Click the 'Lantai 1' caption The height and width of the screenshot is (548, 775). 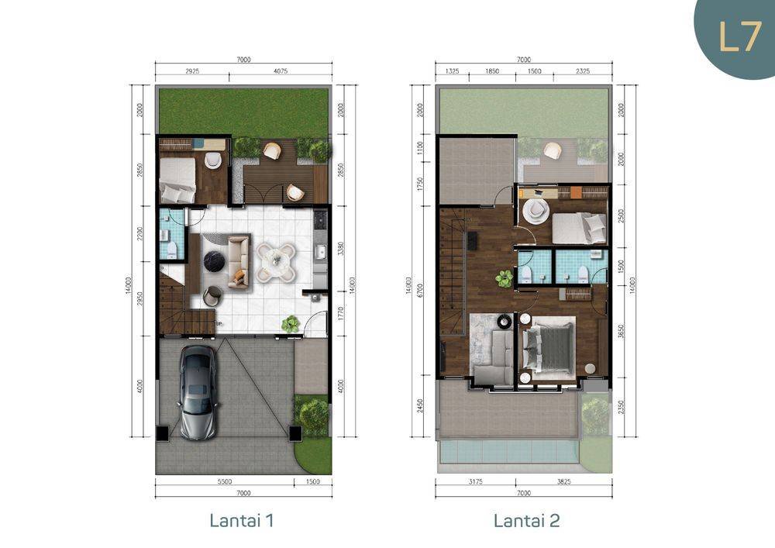pyautogui.click(x=242, y=520)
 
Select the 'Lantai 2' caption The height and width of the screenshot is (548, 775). pyautogui.click(x=527, y=520)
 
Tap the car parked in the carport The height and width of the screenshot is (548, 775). pyautogui.click(x=198, y=392)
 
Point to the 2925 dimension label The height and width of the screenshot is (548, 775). pyautogui.click(x=192, y=71)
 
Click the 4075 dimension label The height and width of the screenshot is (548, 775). pyautogui.click(x=281, y=71)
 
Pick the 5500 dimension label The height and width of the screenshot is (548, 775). pyautogui.click(x=225, y=482)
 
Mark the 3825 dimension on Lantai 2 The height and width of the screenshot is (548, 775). pyautogui.click(x=564, y=482)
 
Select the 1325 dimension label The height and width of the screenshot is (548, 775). pyautogui.click(x=453, y=71)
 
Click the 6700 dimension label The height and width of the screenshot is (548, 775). pyautogui.click(x=420, y=290)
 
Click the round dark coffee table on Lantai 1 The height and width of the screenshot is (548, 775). pyautogui.click(x=215, y=259)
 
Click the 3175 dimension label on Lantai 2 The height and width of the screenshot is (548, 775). pyautogui.click(x=474, y=482)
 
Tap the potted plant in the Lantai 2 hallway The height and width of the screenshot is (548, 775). pyautogui.click(x=505, y=279)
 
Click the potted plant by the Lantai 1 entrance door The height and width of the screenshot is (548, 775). pyautogui.click(x=291, y=324)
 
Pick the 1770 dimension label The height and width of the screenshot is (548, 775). pyautogui.click(x=340, y=314)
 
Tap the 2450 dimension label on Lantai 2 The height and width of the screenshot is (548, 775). pyautogui.click(x=420, y=406)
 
